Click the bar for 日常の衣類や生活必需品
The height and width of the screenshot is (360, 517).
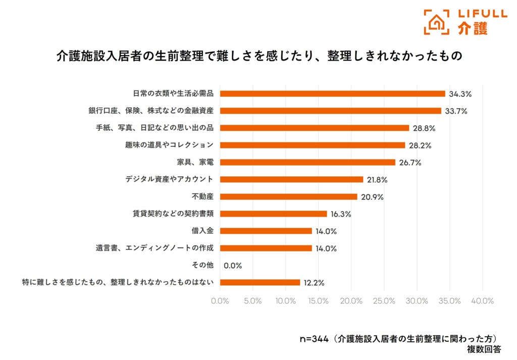(x=332, y=93)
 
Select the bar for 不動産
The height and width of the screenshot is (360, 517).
(x=288, y=196)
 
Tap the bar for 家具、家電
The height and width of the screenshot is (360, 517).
(x=307, y=162)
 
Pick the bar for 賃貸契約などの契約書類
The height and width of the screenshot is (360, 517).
(x=273, y=214)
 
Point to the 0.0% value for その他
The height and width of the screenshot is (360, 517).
(x=233, y=266)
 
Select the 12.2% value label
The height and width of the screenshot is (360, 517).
(x=313, y=283)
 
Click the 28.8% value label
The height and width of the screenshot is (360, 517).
(x=424, y=128)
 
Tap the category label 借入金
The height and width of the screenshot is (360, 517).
(x=203, y=231)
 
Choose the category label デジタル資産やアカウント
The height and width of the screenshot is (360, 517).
(x=169, y=179)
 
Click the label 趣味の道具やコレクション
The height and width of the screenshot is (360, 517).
(x=169, y=145)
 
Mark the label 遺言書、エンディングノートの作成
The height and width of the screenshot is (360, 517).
(x=155, y=248)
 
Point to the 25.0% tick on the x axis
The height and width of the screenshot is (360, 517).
(x=384, y=301)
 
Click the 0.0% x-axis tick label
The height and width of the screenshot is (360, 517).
(x=220, y=301)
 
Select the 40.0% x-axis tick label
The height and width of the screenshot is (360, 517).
(x=482, y=301)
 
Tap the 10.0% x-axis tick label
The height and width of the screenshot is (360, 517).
(x=285, y=301)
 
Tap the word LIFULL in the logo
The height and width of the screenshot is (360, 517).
(x=482, y=14)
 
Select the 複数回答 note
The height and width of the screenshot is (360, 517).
(x=484, y=349)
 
